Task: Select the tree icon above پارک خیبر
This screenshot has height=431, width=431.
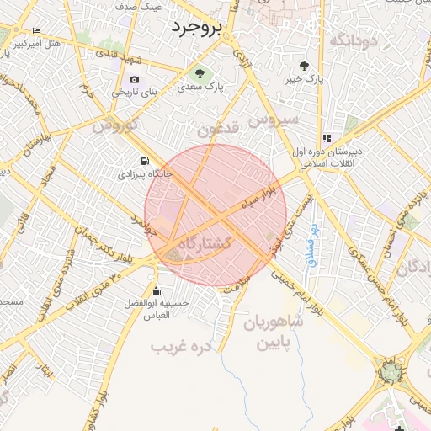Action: [304, 66]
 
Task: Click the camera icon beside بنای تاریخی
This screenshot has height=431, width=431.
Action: [134, 79]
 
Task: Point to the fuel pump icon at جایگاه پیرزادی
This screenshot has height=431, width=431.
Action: [145, 161]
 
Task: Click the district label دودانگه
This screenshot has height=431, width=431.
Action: [352, 40]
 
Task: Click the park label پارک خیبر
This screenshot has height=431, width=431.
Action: [304, 80]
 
